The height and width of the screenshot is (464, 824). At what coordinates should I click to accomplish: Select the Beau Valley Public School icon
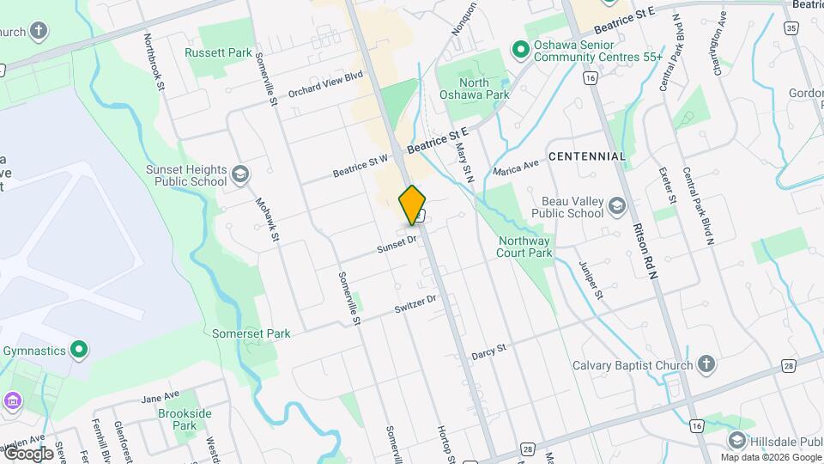point(616,206)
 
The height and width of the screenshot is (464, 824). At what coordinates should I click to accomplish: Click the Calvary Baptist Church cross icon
point(706,365)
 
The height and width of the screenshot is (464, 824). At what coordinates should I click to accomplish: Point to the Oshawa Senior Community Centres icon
point(519,50)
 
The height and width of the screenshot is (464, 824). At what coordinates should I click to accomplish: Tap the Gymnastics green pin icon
point(79,350)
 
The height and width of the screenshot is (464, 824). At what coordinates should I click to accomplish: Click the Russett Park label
point(218,52)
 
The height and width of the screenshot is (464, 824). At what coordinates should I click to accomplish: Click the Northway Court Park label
point(524,247)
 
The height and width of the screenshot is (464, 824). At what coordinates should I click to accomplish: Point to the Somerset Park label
point(251,333)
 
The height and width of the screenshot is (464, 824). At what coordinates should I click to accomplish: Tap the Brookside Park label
point(185,419)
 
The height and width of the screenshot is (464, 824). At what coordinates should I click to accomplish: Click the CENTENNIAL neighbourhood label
point(587,156)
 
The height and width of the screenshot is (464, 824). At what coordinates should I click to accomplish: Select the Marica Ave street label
point(516,168)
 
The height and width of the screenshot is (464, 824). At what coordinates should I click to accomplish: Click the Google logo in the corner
point(28,454)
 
